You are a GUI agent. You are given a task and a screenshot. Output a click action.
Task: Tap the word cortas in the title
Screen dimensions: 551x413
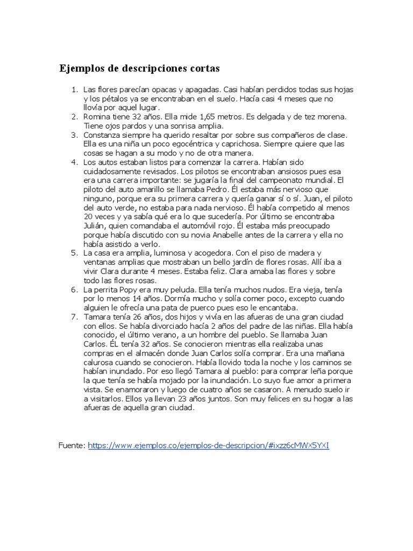click(x=201, y=69)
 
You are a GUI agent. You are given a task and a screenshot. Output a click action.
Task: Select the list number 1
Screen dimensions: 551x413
click(x=75, y=89)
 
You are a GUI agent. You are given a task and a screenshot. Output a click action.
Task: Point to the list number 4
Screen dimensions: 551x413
click(x=75, y=162)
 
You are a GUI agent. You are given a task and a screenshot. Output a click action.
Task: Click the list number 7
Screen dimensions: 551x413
click(x=75, y=317)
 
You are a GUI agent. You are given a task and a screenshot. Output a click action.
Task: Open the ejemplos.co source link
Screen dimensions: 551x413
click(x=208, y=446)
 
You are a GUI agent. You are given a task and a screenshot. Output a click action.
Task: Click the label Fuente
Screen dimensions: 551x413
click(x=72, y=446)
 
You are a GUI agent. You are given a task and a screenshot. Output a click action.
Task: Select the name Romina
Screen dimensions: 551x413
click(x=97, y=116)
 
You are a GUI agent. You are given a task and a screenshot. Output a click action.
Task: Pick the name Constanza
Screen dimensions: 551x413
click(x=102, y=135)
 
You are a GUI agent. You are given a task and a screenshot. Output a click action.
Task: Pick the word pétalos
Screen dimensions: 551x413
click(x=111, y=98)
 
